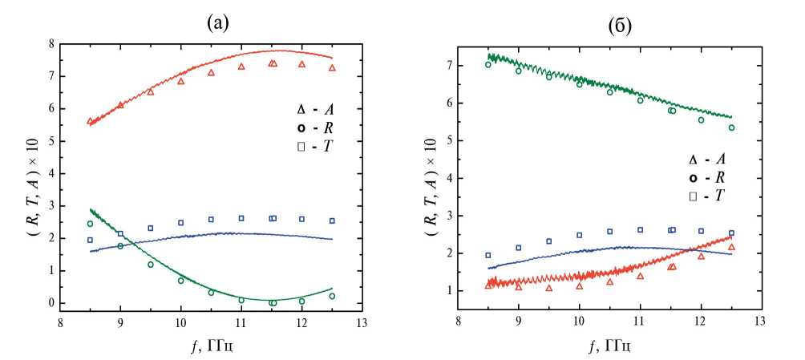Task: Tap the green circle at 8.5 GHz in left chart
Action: click(90, 224)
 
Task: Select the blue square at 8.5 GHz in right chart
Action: click(488, 255)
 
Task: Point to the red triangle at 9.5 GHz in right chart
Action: click(549, 288)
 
